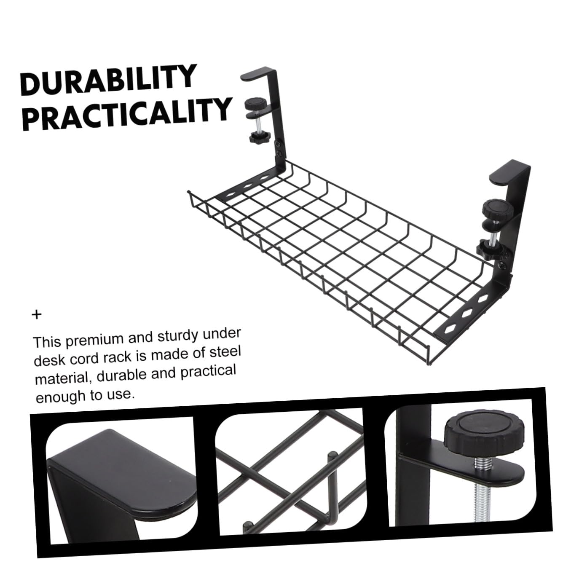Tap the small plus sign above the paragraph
[x=37, y=315]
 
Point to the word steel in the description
[x=223, y=352]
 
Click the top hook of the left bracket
[x=257, y=74]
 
